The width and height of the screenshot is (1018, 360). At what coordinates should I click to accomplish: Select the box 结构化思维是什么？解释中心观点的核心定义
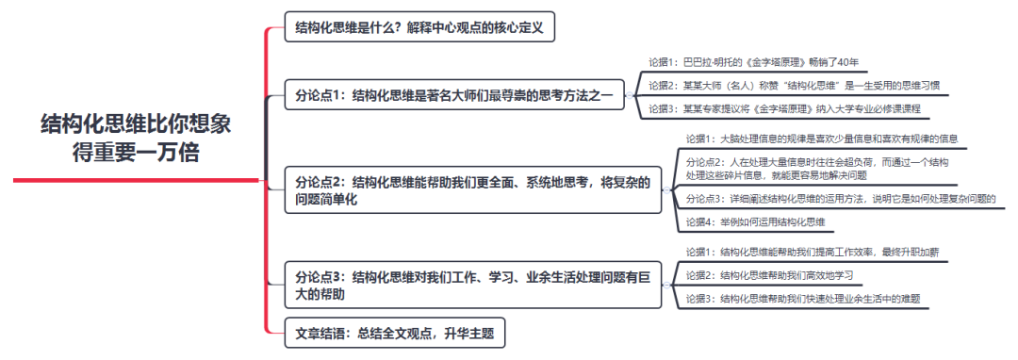point(419,27)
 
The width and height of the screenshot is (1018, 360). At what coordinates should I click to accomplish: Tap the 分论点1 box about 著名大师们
point(453,94)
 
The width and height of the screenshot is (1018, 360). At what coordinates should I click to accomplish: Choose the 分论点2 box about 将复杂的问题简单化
point(473,190)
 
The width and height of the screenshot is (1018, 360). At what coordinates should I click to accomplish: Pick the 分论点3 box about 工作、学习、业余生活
point(473,286)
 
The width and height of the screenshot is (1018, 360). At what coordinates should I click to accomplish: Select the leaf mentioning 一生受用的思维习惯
point(793,86)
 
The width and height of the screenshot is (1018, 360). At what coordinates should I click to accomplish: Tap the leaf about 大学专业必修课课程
point(783,109)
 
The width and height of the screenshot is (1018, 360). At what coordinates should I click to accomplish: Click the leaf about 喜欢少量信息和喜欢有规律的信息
point(821,139)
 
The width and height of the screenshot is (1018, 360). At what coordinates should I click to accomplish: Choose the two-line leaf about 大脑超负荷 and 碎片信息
point(816,169)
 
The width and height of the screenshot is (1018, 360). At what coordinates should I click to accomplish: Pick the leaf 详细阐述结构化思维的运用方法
point(840,199)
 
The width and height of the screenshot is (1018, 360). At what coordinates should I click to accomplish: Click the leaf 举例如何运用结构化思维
point(755,222)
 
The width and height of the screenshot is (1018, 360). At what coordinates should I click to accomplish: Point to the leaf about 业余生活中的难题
point(802,299)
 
